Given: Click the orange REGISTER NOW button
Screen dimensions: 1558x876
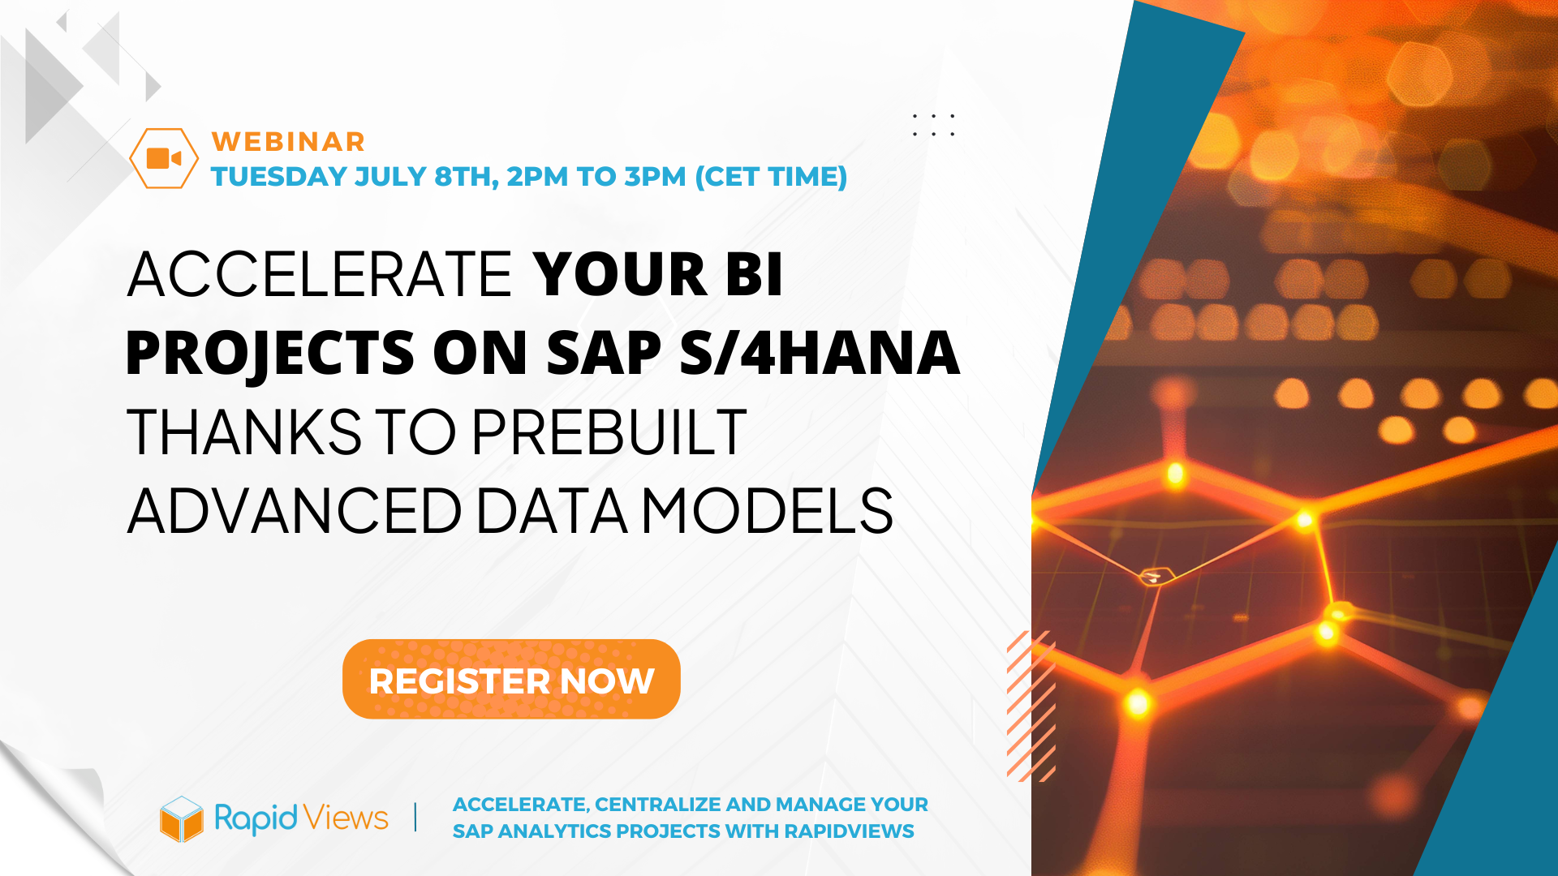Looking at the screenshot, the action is point(511,679).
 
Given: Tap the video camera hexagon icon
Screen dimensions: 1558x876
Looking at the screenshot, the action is point(164,158).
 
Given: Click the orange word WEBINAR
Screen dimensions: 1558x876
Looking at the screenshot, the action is point(288,142).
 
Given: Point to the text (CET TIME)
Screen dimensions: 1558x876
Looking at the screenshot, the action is point(771,176).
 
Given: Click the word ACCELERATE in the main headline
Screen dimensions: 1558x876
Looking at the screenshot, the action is point(320,274).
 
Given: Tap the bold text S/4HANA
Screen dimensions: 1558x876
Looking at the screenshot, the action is point(820,353).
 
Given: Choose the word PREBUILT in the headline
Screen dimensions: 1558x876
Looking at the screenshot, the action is point(609,432).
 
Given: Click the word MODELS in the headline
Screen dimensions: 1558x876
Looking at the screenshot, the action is point(768,511).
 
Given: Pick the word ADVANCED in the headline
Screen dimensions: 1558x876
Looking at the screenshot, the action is point(295,511).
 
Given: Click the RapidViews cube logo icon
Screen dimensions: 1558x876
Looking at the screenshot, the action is point(181,818).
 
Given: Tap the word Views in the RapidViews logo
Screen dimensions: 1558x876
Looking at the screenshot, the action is point(347,818).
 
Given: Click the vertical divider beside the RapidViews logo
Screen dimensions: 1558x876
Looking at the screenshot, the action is point(415,817).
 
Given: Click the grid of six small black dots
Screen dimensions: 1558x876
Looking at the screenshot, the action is point(933,125).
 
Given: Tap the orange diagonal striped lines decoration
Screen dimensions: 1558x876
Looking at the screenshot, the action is point(1031,706).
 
